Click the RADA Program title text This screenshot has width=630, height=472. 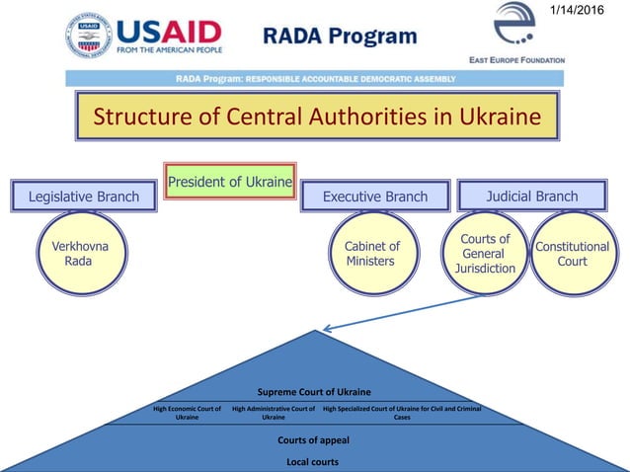point(341,38)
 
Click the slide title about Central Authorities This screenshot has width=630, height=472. point(317,118)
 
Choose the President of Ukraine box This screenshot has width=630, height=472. point(230,182)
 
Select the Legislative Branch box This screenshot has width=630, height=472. point(84,197)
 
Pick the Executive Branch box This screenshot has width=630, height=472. point(375,197)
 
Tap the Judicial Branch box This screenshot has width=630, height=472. point(532,196)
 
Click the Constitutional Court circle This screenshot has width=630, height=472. point(573,254)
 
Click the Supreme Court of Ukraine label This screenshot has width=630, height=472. point(313,392)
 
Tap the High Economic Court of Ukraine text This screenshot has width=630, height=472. point(187,413)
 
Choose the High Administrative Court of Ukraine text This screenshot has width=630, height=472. point(274,413)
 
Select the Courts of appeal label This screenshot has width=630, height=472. point(313,439)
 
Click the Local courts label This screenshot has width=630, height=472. point(313,461)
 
